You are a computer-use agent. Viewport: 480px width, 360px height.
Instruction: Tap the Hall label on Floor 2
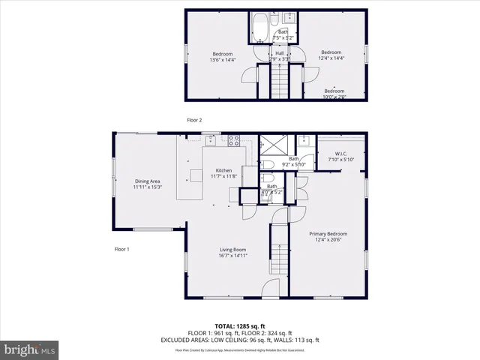point(279,55)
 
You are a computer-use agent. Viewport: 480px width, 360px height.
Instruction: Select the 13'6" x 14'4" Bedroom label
point(222,55)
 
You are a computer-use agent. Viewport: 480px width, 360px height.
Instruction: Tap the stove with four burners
point(234,139)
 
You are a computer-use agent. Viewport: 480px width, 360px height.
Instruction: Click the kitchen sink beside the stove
point(214,139)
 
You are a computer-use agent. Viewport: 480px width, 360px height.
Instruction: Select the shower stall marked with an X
point(268,145)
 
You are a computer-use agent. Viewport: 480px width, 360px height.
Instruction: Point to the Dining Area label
point(147,183)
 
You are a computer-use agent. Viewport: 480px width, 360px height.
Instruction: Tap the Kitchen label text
point(223,172)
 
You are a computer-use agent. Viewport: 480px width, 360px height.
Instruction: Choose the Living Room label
point(233,252)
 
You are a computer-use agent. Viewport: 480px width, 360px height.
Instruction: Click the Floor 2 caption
point(194,120)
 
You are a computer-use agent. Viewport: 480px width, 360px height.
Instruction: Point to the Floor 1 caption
point(121,249)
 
